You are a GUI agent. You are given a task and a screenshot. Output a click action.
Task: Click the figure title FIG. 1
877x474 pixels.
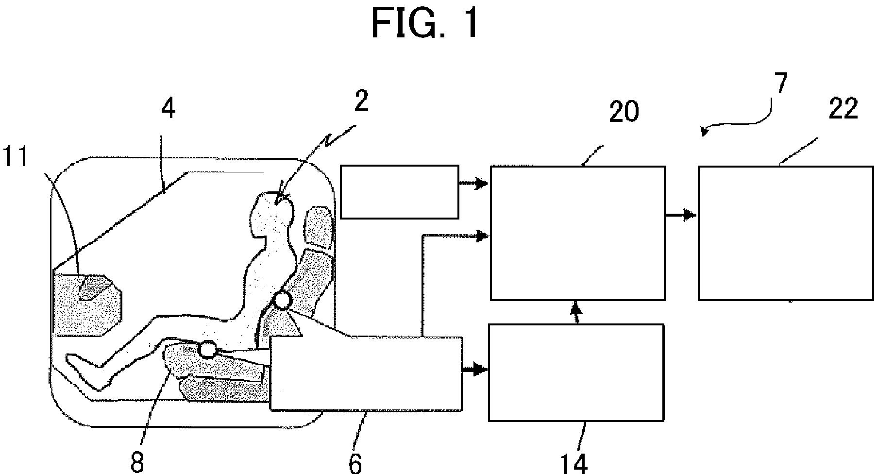point(426,24)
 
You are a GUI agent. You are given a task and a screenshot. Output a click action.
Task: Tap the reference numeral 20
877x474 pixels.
point(624,112)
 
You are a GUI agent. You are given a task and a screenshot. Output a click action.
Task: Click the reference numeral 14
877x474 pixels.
point(574,463)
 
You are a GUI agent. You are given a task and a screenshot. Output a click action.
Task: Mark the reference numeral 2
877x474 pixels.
point(361,101)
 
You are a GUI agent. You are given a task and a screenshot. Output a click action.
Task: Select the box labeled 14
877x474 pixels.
point(576,372)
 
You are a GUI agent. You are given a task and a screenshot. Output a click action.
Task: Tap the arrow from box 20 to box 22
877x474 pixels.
point(681,215)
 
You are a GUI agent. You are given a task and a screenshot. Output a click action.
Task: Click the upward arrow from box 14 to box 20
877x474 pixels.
point(576,312)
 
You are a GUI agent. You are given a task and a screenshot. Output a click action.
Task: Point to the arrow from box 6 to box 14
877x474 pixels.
point(475,370)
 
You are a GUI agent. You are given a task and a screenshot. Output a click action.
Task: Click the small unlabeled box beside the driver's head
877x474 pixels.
point(400,192)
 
